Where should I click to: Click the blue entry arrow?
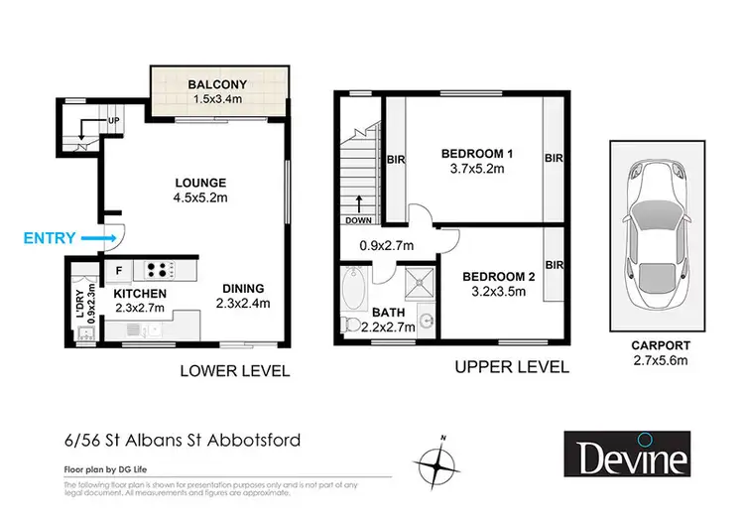pyautogui.click(x=96, y=238)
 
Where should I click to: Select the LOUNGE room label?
pyautogui.click(x=200, y=183)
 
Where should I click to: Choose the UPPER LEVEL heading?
pyautogui.click(x=512, y=367)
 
